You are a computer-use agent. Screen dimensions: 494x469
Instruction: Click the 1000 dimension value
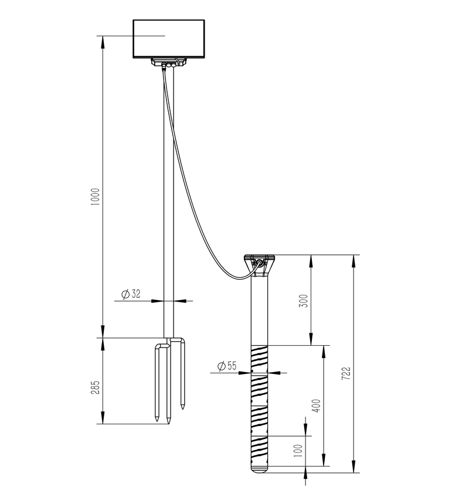(x=96, y=196)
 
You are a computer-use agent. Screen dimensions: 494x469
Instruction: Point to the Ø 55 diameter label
(x=226, y=366)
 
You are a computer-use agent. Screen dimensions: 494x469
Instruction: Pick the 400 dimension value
(x=317, y=406)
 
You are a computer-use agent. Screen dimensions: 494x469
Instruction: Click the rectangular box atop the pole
(x=169, y=39)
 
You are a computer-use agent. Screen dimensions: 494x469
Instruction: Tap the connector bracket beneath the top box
(x=169, y=63)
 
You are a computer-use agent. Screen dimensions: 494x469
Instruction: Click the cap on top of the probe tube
(x=259, y=258)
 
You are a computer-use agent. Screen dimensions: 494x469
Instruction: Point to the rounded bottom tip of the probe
(x=259, y=469)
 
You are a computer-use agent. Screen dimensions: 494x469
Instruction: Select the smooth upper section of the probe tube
(x=259, y=311)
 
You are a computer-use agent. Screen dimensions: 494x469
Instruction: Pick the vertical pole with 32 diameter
(x=169, y=205)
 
